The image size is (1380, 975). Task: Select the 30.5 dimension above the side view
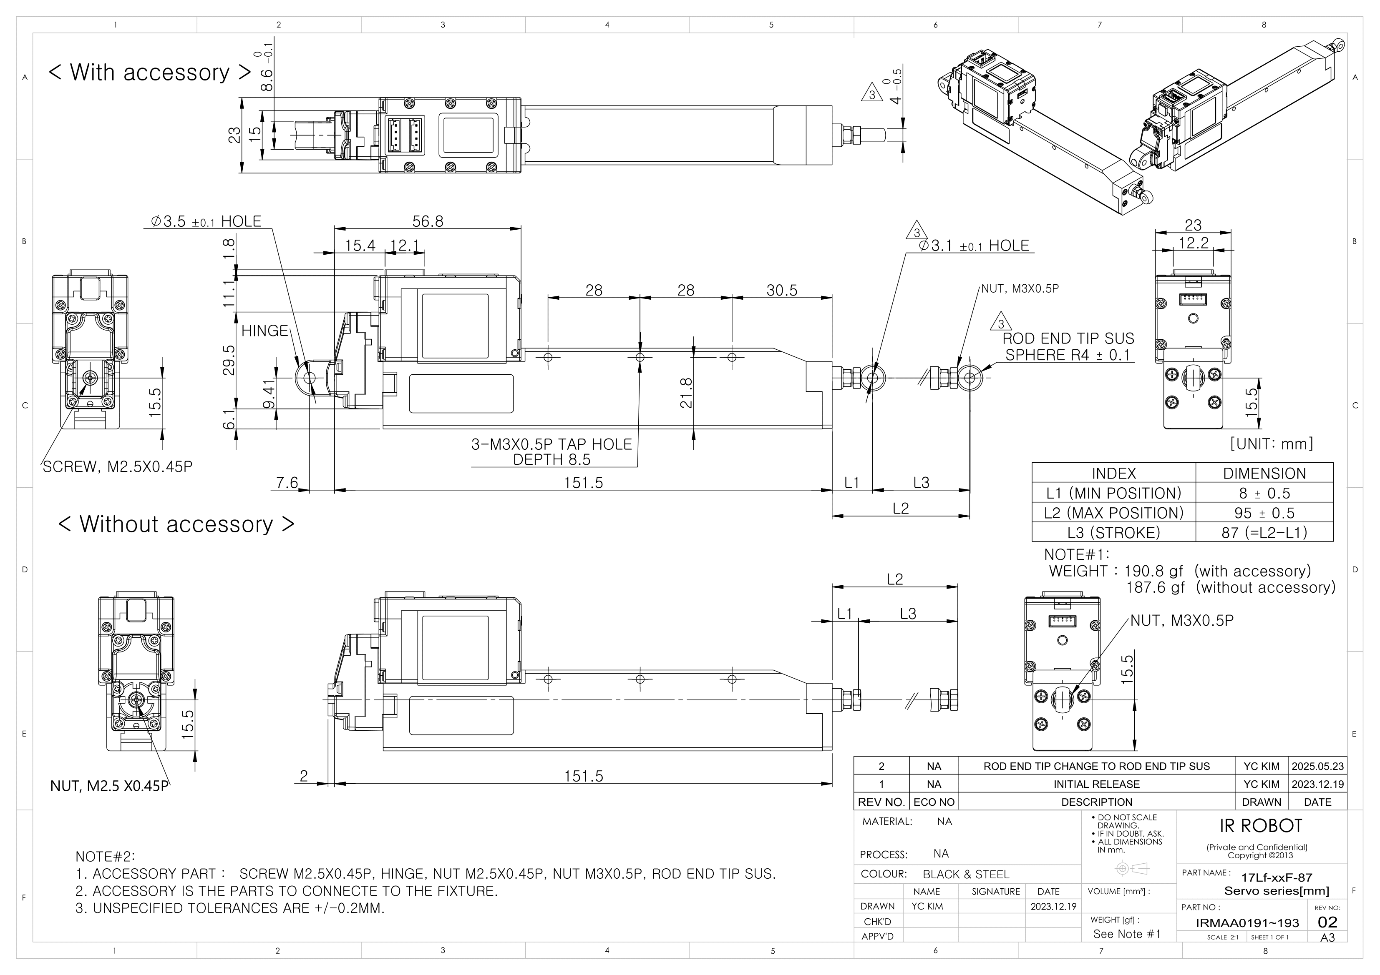[781, 291]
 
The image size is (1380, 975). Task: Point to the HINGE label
[264, 331]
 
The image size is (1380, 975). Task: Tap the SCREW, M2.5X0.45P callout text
[117, 467]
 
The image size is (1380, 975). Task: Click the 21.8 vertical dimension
[686, 393]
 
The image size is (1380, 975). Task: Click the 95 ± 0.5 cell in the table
[1264, 513]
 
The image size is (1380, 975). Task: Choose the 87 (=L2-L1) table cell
[1264, 533]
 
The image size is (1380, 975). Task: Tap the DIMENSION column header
[1264, 474]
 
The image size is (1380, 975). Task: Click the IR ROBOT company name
[1260, 826]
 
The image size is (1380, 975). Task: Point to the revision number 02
[1327, 922]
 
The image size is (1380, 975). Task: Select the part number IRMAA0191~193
[1247, 923]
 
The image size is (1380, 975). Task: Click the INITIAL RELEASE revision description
[1096, 784]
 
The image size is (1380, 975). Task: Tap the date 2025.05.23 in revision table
[1317, 766]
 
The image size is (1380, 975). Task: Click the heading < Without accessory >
[176, 524]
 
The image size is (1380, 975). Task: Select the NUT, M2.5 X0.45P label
[109, 786]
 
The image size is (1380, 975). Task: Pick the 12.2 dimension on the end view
[1193, 243]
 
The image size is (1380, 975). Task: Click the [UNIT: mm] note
[1271, 444]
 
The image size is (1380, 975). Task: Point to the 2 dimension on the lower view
[304, 776]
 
